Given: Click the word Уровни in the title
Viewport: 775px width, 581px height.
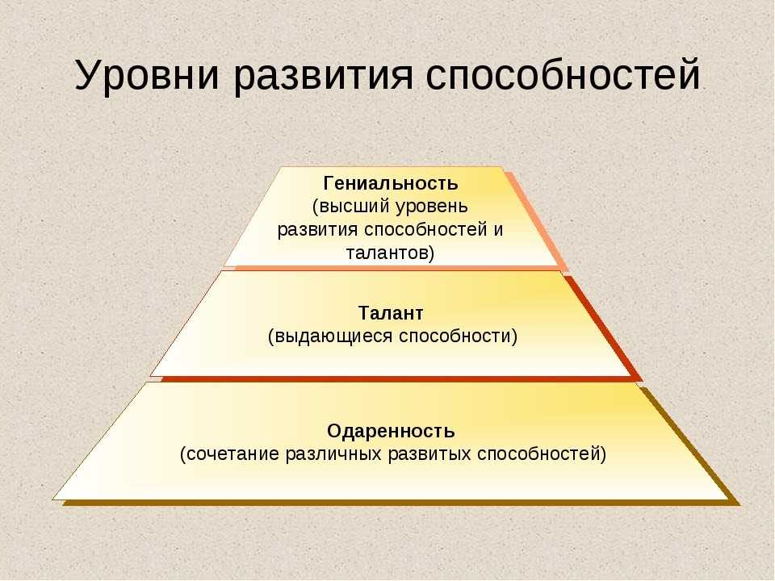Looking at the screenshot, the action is point(147,75).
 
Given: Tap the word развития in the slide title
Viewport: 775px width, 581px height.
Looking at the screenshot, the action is point(323,75).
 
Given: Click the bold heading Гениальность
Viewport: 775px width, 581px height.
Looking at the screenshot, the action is point(391,183).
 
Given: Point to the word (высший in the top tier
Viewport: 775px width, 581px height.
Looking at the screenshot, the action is point(344,206).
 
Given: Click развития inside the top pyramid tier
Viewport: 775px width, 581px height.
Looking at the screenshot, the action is point(318,230).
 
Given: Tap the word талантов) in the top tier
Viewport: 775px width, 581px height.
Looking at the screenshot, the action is point(390,253).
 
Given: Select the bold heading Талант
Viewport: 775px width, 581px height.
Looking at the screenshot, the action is point(391,313).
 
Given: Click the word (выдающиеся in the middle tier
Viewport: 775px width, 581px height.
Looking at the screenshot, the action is point(330,336).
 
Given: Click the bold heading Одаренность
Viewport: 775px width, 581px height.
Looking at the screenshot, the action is point(391,431).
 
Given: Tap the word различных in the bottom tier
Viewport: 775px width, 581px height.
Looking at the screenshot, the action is point(333,454).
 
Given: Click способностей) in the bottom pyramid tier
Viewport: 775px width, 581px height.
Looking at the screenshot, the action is point(542,454).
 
